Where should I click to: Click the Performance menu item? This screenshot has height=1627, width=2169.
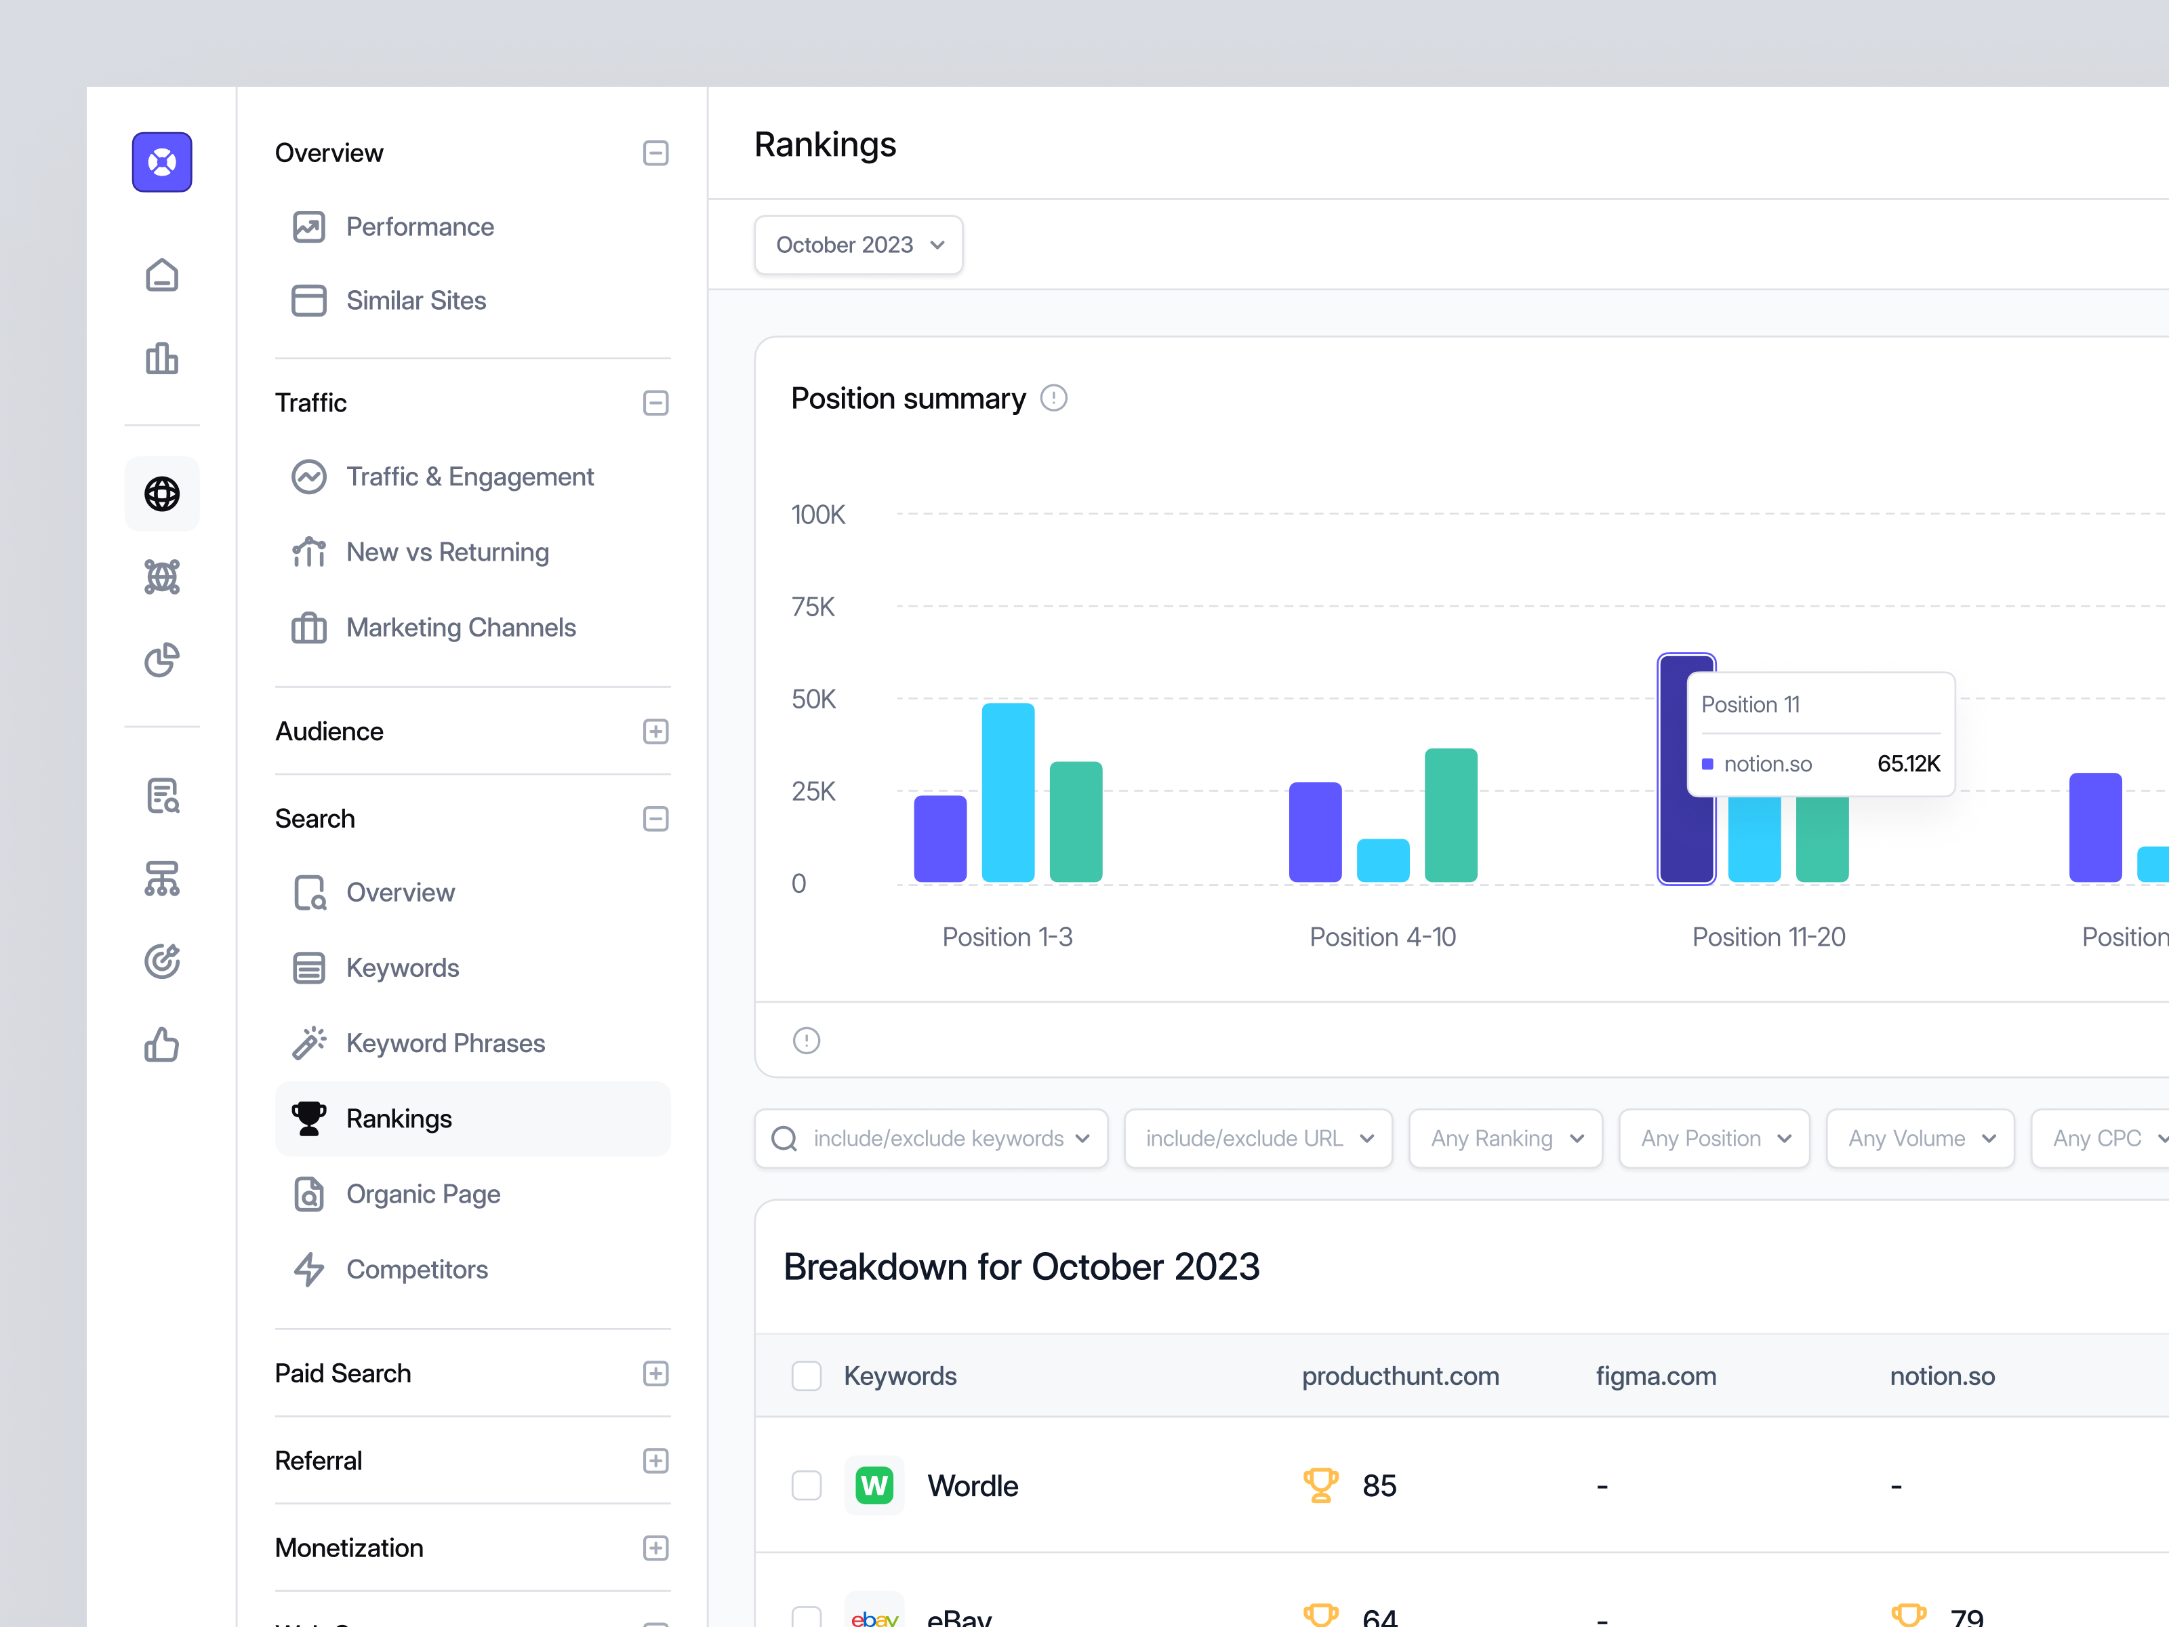tap(419, 226)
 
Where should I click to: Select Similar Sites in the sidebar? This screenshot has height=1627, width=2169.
tap(415, 300)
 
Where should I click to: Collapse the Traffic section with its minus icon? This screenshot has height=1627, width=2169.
tap(655, 403)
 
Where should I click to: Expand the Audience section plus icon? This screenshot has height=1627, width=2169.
tap(655, 731)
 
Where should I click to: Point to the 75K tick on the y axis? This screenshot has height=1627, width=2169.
tap(813, 607)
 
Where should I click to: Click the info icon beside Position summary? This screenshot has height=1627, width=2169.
tap(1053, 398)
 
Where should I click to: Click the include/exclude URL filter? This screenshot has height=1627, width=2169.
tap(1258, 1139)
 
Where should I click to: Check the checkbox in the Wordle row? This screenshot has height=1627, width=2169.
tap(806, 1486)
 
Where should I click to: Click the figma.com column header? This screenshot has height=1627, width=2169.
tap(1655, 1376)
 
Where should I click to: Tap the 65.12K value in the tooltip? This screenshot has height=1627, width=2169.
tap(1907, 764)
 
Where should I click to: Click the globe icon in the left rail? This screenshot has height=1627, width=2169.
tap(162, 494)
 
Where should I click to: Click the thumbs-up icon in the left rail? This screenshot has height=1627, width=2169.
tap(162, 1045)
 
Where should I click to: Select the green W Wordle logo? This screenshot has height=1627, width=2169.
tap(874, 1486)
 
